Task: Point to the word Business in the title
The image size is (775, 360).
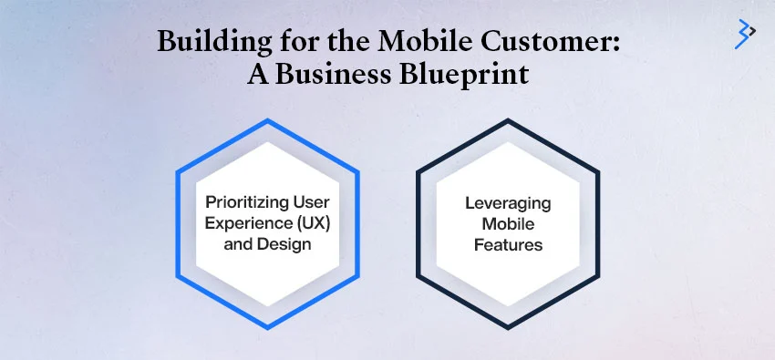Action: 352,73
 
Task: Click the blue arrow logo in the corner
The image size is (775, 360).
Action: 745,34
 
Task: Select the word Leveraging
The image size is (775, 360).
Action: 508,203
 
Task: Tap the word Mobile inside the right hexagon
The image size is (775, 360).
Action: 508,223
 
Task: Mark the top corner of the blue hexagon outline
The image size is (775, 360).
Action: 267,119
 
